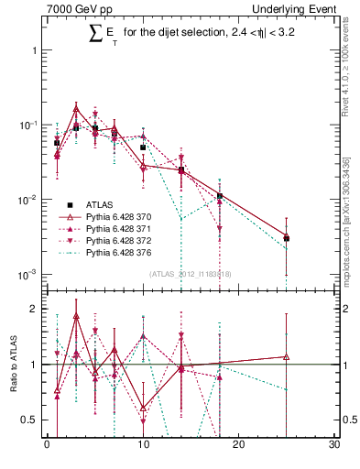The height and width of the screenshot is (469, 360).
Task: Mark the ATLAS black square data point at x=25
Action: click(287, 238)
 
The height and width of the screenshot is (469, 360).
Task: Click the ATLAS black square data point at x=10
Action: click(143, 147)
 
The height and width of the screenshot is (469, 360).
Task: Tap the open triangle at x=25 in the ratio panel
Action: click(287, 357)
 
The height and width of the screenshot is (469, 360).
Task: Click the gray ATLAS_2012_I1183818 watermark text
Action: click(191, 273)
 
